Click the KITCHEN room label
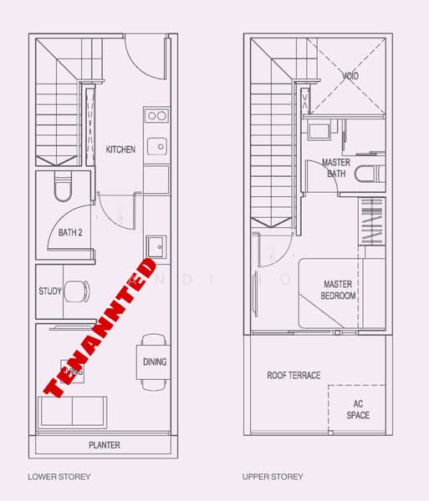click(x=120, y=149)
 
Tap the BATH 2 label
click(x=70, y=233)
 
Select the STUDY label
click(x=50, y=291)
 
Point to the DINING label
click(x=155, y=362)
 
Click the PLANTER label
click(x=104, y=445)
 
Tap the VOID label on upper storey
click(x=350, y=75)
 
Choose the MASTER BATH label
click(x=336, y=168)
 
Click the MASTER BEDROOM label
click(x=339, y=290)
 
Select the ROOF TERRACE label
click(x=294, y=375)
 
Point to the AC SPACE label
click(x=357, y=409)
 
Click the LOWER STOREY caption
click(x=59, y=477)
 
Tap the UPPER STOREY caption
click(x=273, y=477)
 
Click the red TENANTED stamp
click(x=100, y=328)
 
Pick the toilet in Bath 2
click(x=64, y=190)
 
